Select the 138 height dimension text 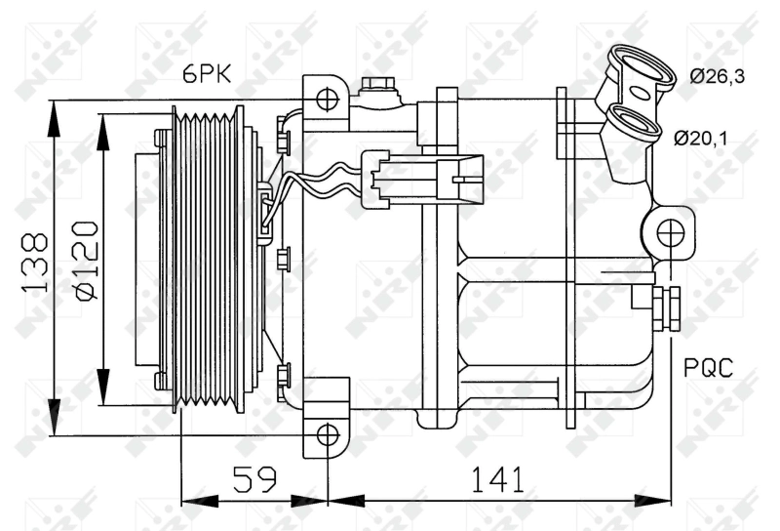click(x=36, y=263)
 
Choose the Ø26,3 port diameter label click(x=717, y=76)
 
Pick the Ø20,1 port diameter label click(x=701, y=139)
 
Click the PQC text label click(x=707, y=368)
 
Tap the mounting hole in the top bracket click(x=328, y=99)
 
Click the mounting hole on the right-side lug click(x=669, y=233)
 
